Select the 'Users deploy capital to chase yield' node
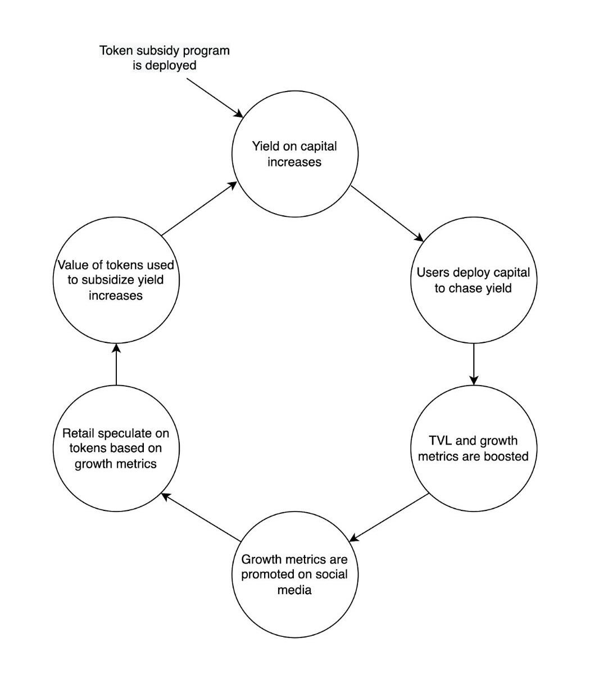(x=473, y=281)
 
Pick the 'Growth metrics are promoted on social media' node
(x=294, y=575)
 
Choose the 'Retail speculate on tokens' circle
(x=116, y=448)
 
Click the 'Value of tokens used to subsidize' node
(x=116, y=279)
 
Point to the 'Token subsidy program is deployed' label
(x=165, y=57)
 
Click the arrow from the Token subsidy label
(x=215, y=97)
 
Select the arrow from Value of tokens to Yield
(x=199, y=208)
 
